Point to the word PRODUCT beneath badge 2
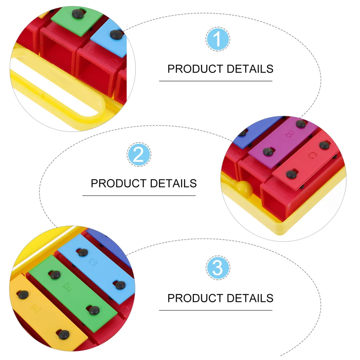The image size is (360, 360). coord(118,183)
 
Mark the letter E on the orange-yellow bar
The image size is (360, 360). coord(35,308)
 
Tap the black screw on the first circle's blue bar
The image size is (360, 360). coord(116,35)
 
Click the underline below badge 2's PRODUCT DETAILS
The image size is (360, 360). coord(139,195)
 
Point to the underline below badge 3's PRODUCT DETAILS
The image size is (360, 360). coord(216,310)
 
